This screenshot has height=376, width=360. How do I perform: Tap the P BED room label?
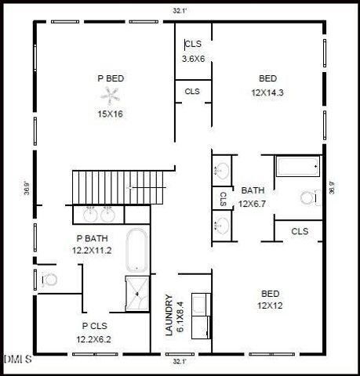[x=111, y=78]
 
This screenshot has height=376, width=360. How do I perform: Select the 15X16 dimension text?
[x=111, y=114]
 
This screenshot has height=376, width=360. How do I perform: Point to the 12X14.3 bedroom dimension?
[x=267, y=92]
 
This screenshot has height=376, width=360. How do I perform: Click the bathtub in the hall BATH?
[x=296, y=166]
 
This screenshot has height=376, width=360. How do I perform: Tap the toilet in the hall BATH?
[x=310, y=197]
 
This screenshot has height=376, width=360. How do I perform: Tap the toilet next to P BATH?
[x=49, y=278]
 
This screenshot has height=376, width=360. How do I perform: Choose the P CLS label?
[x=95, y=325]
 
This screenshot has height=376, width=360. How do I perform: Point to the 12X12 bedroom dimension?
[x=267, y=305]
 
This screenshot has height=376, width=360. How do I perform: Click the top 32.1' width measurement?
[x=180, y=11]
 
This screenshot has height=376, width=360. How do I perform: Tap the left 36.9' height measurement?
[x=27, y=188]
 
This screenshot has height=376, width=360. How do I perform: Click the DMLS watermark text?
[x=17, y=360]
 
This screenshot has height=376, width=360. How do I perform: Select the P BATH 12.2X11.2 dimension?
[x=93, y=251]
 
